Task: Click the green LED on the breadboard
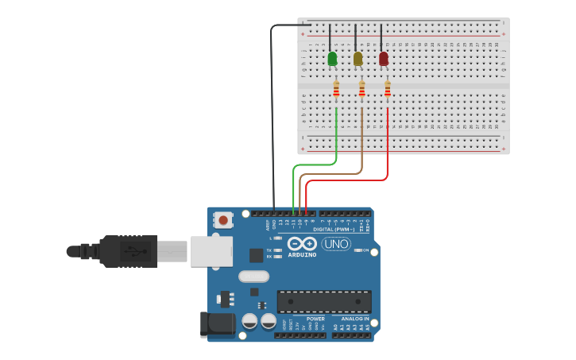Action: [x=332, y=59]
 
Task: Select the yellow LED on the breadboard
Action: [x=358, y=59]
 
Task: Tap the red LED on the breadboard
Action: [x=384, y=59]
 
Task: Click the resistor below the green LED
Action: [x=336, y=91]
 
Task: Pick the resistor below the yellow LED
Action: [x=361, y=91]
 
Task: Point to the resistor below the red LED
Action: [x=387, y=91]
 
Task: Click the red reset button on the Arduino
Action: [x=223, y=220]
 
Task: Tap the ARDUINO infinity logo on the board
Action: [x=302, y=244]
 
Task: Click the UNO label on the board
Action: [x=336, y=244]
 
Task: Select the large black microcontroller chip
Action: [x=323, y=301]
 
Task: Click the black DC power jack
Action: [x=218, y=323]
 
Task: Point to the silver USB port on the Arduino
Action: [x=211, y=251]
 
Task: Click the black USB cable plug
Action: [x=127, y=251]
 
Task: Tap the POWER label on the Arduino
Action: [x=315, y=319]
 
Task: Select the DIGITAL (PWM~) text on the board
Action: [x=334, y=229]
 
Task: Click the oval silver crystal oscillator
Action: [x=253, y=277]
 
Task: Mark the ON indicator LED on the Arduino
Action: [x=365, y=250]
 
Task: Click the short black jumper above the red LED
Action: [x=381, y=38]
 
